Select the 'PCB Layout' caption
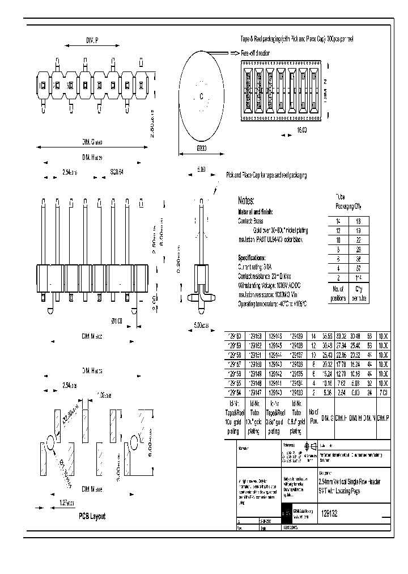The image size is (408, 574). (x=92, y=516)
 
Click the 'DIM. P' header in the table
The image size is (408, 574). (x=383, y=418)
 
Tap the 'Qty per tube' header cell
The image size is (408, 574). (x=359, y=293)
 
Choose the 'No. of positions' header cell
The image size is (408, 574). (x=338, y=293)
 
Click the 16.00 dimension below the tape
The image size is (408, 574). (x=301, y=129)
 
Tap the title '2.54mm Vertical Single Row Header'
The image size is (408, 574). (x=350, y=481)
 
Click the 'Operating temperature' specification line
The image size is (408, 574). (x=272, y=305)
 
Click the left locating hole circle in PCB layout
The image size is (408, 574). (x=50, y=441)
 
